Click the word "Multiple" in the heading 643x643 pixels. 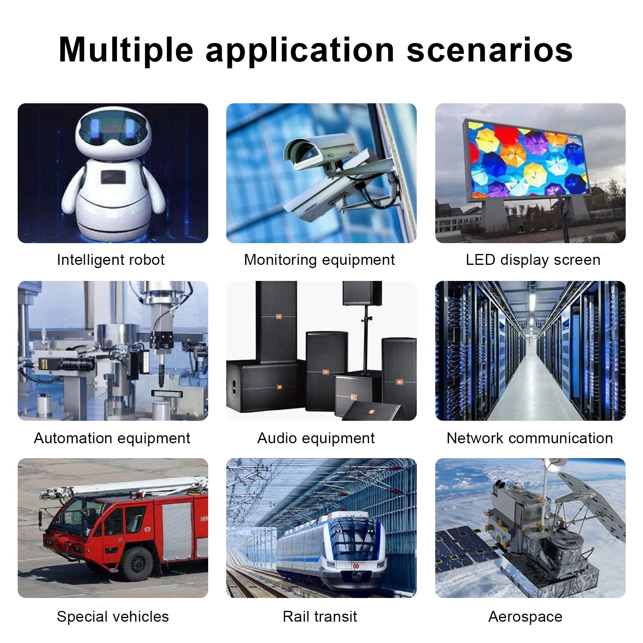tap(126, 50)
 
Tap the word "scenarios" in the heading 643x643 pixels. tap(489, 50)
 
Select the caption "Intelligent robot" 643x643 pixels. tap(111, 260)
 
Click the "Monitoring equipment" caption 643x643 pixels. tap(319, 260)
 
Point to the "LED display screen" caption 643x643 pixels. tap(533, 260)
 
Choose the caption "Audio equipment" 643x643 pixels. tap(316, 438)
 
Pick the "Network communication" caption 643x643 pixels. tap(530, 438)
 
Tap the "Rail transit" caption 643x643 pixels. tap(320, 616)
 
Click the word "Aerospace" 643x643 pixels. tap(525, 617)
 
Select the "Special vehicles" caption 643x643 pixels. tap(113, 616)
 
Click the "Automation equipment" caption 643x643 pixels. tap(112, 438)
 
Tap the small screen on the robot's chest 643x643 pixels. tap(113, 177)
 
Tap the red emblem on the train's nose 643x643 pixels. tap(356, 566)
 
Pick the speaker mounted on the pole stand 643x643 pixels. tap(362, 294)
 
